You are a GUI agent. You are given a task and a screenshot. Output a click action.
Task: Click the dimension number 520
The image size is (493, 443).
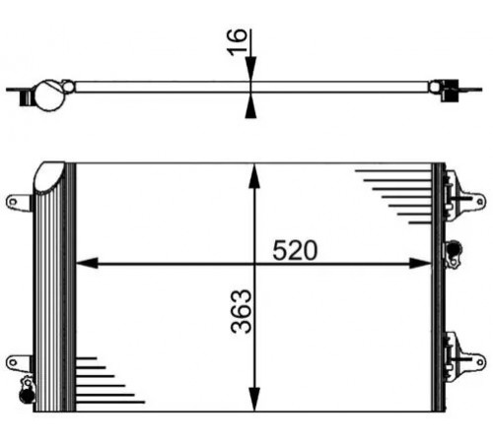click(295, 250)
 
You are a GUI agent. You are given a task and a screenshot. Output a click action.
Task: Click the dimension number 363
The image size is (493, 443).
click(242, 311)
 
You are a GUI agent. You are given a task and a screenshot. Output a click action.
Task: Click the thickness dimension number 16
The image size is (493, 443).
click(237, 42)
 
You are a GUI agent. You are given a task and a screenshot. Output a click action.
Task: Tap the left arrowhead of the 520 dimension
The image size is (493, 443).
click(87, 263)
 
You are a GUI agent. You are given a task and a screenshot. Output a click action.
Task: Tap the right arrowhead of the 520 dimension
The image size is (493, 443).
click(420, 263)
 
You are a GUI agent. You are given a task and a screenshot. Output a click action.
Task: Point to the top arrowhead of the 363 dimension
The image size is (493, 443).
click(254, 176)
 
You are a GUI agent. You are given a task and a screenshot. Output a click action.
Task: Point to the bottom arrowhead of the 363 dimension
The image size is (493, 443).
click(254, 399)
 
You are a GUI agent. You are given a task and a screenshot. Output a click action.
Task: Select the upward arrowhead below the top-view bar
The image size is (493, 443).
click(250, 105)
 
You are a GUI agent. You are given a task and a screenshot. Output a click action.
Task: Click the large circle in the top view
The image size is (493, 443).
click(49, 95)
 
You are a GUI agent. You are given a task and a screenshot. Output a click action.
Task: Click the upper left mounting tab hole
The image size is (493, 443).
click(13, 202)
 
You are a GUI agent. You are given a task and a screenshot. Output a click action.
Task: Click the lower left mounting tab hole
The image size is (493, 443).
click(13, 362)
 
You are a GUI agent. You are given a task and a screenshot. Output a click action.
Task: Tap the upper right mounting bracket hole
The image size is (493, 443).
click(480, 201)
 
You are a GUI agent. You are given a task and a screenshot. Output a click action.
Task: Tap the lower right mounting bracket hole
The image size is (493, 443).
click(480, 362)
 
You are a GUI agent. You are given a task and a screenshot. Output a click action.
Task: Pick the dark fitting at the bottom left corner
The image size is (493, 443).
click(27, 395)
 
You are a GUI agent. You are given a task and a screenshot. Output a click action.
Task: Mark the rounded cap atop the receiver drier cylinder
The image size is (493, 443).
click(49, 176)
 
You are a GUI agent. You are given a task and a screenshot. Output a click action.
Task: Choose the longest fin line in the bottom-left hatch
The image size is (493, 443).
click(110, 402)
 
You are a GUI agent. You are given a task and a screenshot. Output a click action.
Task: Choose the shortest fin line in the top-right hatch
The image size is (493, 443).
click(420, 222)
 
